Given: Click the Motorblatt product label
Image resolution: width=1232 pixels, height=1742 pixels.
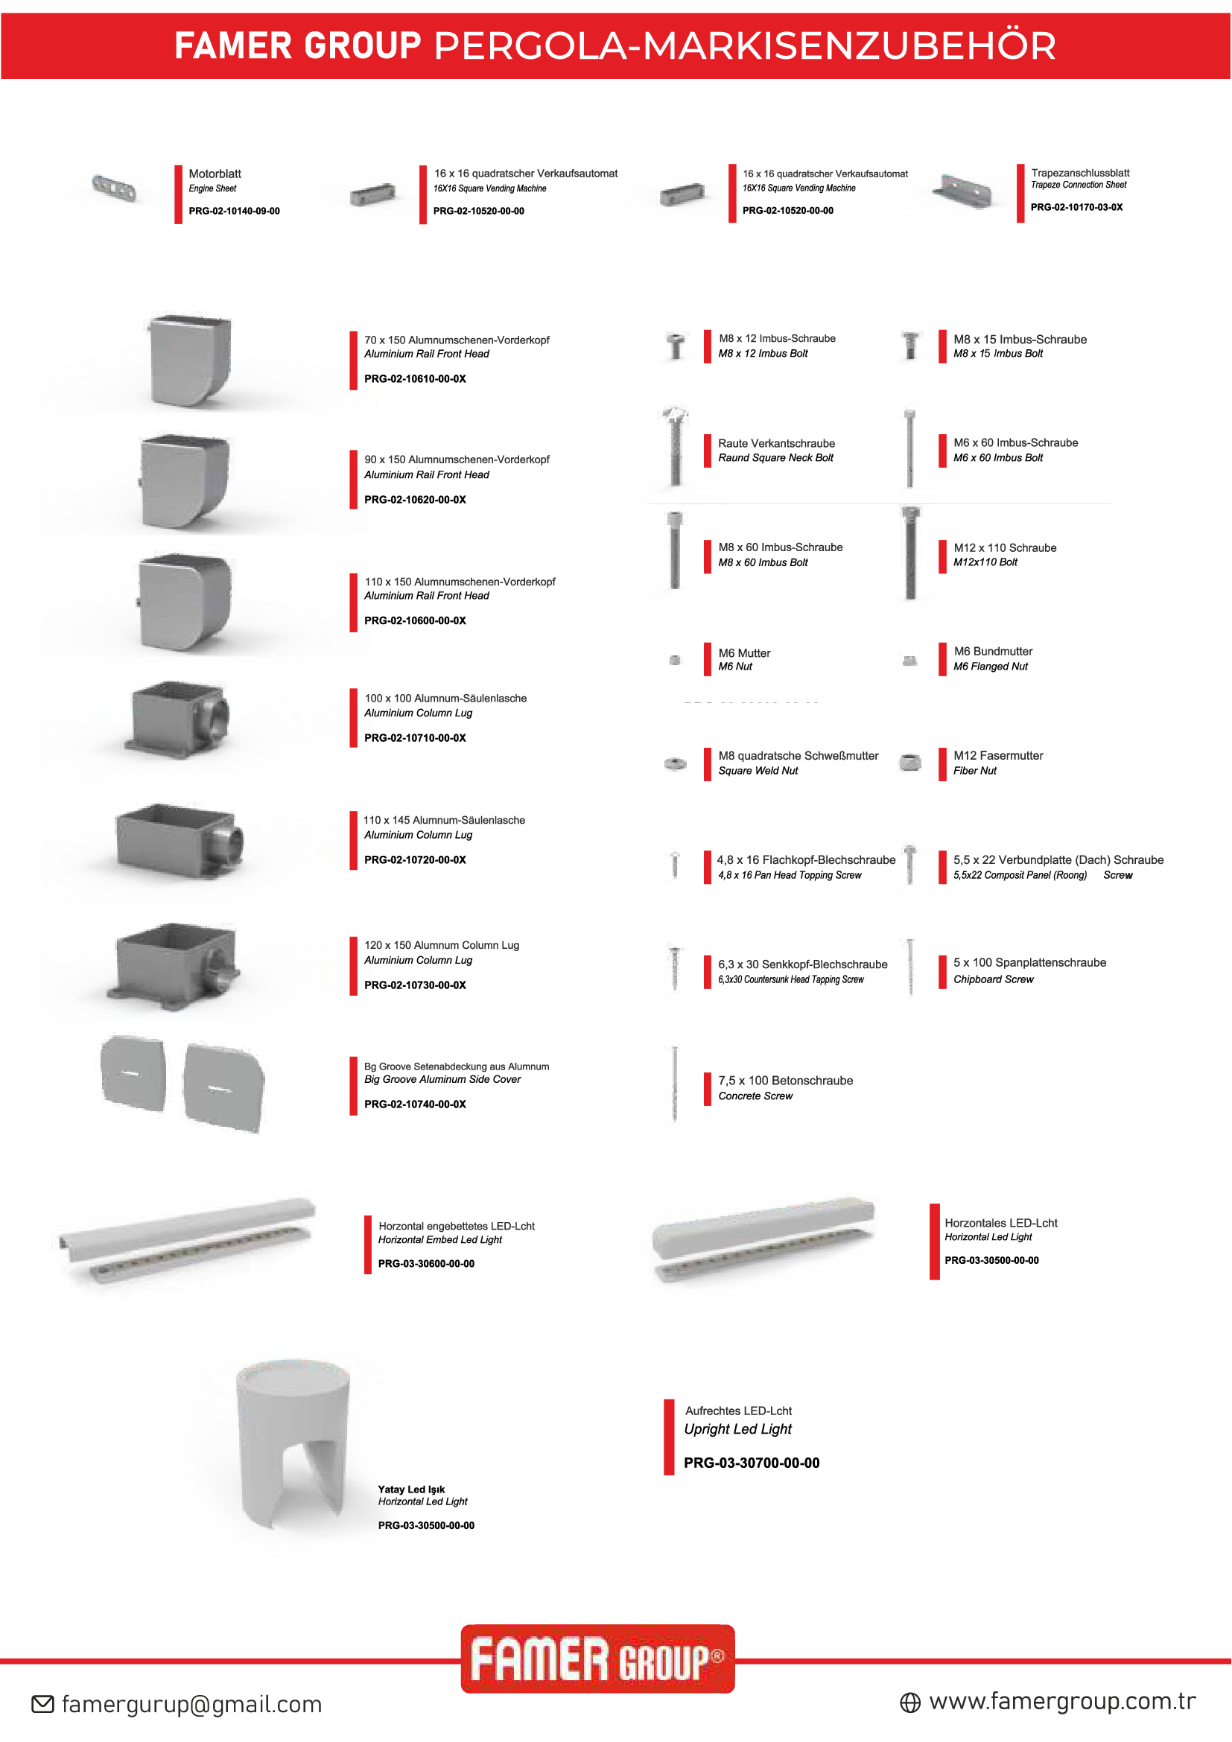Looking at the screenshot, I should coord(215,174).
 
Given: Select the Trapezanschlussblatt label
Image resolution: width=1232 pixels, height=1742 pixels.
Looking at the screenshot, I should coord(1080,173).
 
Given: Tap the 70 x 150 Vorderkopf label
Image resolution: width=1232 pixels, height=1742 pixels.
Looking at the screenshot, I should coord(457,340).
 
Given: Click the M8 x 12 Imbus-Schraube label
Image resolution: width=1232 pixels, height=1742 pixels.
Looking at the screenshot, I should coord(777,338).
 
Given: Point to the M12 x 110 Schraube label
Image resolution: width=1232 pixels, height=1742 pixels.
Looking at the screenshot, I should coord(1005,548).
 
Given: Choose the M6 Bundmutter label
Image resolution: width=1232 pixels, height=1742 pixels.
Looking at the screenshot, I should coord(993,651).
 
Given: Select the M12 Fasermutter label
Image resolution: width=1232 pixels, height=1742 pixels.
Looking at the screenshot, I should coord(998,756).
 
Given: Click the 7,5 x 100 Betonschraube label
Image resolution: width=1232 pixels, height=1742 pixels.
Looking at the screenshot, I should coord(785,1081).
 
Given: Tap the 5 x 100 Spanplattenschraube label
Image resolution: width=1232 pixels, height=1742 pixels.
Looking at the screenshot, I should coord(1029,962).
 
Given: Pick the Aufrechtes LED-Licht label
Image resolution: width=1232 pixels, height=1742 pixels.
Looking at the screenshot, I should coord(738,1411).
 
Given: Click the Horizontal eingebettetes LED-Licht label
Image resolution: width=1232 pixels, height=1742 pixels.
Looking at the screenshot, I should coord(457,1226).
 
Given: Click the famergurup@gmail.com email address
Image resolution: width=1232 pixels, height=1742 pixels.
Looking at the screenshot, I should coord(191,1704).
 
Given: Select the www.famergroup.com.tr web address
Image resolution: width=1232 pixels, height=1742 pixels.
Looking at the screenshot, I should coord(1062,1701).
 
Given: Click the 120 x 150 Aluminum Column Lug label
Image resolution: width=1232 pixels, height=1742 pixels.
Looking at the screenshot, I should coord(442,945).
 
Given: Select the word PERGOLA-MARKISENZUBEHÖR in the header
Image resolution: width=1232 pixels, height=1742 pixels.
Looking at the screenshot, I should coord(745,45).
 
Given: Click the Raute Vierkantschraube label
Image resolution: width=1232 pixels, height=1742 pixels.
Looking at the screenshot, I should coord(776,443).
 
